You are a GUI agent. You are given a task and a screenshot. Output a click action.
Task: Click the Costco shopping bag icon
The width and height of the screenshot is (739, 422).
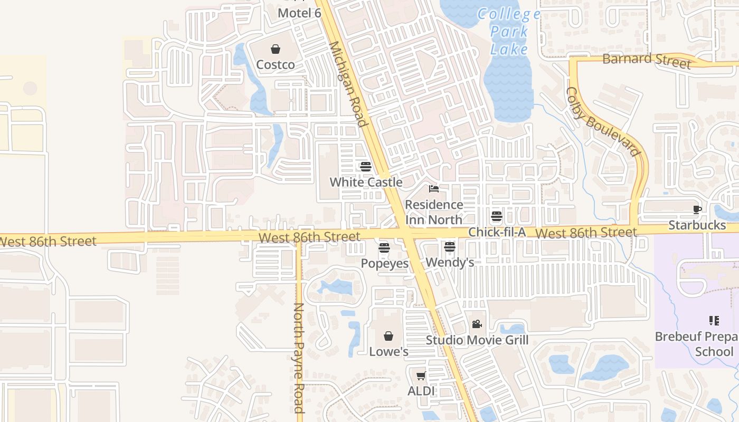point(276,50)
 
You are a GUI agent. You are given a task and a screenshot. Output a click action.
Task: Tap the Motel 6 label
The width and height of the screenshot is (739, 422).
point(299,13)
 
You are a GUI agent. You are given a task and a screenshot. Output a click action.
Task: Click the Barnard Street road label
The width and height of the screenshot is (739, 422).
point(646,60)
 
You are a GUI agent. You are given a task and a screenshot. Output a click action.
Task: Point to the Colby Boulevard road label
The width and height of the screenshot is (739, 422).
point(603,122)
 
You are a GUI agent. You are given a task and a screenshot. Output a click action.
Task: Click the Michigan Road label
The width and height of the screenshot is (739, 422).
point(348,84)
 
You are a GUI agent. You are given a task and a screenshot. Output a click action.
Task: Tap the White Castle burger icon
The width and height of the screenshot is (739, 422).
point(366,167)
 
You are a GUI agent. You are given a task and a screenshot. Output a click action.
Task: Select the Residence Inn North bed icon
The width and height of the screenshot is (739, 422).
point(434,189)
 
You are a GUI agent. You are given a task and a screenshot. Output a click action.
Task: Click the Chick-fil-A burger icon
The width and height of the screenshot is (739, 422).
point(496,216)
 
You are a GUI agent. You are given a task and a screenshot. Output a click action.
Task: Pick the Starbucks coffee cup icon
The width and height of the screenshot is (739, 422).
point(697,209)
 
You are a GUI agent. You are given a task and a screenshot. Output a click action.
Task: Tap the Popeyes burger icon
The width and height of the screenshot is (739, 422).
point(384,247)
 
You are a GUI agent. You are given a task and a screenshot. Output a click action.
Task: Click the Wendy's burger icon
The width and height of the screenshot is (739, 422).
point(449,246)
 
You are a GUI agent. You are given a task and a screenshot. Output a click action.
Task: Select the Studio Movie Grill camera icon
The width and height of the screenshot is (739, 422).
point(477,324)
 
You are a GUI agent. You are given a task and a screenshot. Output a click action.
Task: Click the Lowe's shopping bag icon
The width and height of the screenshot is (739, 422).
point(389,335)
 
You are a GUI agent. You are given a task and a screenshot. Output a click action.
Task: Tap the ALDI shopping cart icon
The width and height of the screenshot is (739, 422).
point(421,376)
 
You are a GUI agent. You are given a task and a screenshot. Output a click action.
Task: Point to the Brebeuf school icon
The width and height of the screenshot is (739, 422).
point(714,320)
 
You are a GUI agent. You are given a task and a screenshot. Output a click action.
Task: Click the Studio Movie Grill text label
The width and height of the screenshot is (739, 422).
point(477,340)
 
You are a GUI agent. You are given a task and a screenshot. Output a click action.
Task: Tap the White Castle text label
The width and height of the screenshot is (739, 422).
point(366,183)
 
